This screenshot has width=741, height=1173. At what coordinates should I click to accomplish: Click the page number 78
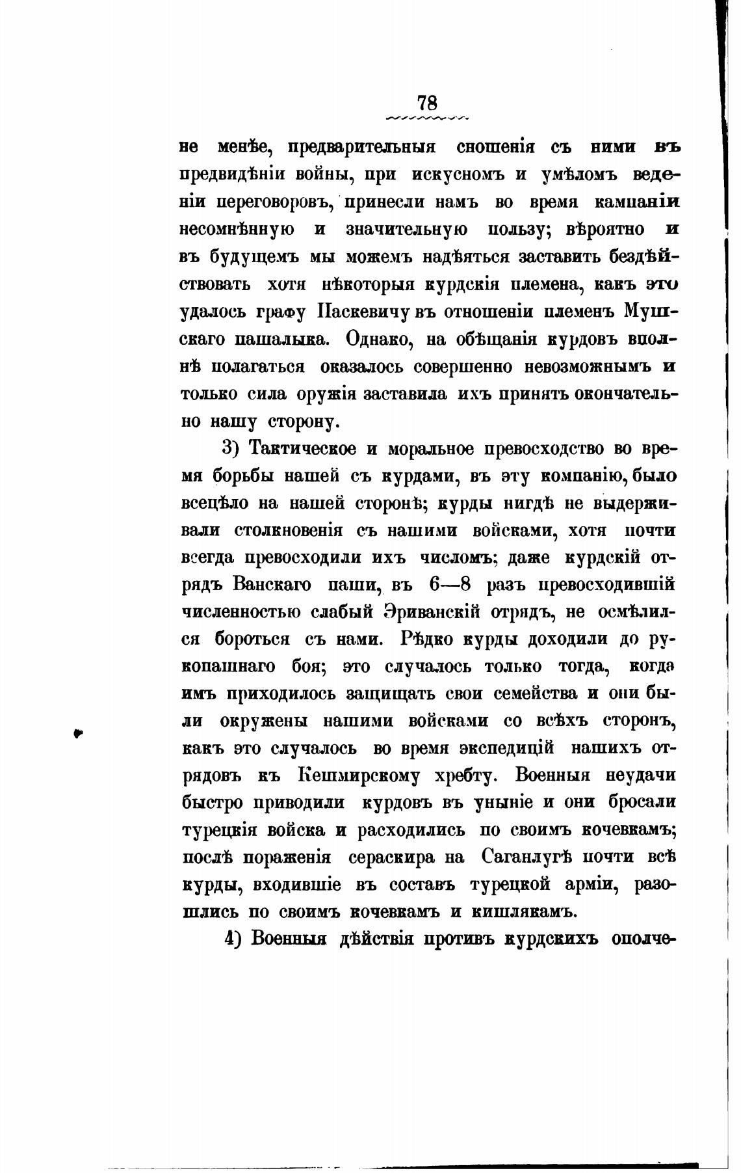(x=427, y=103)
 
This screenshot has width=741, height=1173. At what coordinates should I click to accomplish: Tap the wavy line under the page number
(x=427, y=118)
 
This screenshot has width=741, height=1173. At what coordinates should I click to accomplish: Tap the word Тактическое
(x=304, y=449)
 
